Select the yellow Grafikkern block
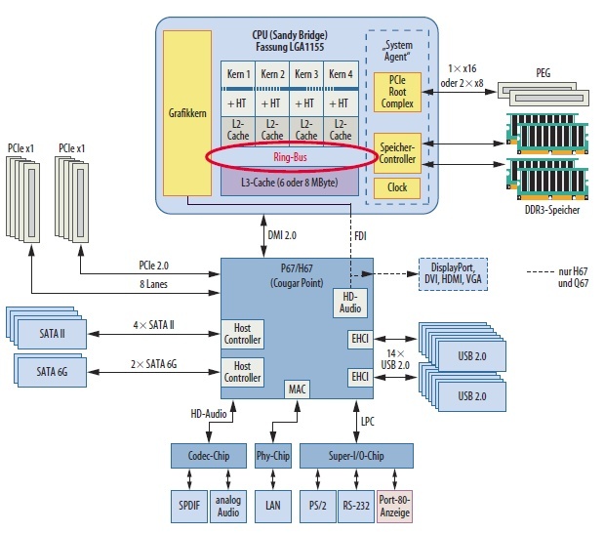point(187,113)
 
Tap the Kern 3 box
point(306,74)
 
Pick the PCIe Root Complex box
point(396,91)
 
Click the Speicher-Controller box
point(397,153)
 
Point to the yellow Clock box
point(397,187)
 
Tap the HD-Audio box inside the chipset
point(350,303)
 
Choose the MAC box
point(298,389)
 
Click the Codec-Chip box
point(207,456)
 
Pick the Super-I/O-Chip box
point(357,456)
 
